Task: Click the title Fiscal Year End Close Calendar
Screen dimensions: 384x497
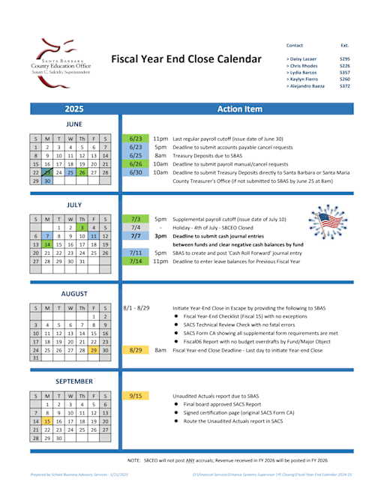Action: click(x=186, y=59)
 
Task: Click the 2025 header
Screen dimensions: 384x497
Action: click(x=74, y=109)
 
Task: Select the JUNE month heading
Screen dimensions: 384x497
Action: click(x=74, y=124)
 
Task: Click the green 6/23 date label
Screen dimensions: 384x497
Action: click(x=136, y=139)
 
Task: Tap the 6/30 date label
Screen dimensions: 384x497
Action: click(x=136, y=172)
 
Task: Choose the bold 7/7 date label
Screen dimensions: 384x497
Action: click(x=136, y=235)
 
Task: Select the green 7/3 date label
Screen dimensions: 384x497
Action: click(x=136, y=219)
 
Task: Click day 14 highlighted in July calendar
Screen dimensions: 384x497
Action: click(x=46, y=244)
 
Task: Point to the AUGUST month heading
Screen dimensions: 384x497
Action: click(x=74, y=294)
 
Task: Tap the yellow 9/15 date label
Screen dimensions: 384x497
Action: click(x=136, y=395)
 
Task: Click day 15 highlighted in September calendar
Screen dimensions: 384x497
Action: click(x=46, y=421)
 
